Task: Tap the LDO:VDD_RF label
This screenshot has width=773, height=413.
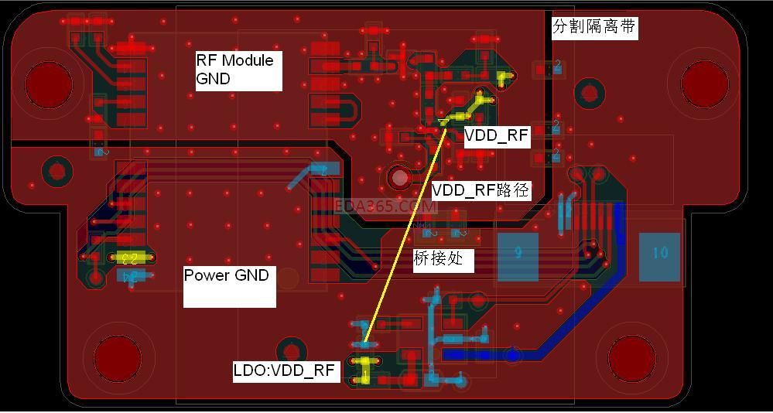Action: [x=285, y=371]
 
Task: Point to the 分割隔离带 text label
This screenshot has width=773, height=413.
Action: [x=594, y=28]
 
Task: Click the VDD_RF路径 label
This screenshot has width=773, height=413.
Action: [x=481, y=190]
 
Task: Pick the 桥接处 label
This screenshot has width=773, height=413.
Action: [x=439, y=258]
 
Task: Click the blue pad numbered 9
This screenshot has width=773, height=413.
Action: [x=518, y=253]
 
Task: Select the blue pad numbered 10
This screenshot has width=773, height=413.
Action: [x=659, y=253]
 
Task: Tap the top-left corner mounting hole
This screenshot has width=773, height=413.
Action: [x=49, y=84]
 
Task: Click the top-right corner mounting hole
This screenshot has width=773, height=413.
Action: [x=704, y=82]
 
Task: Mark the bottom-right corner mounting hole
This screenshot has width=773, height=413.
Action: [x=632, y=357]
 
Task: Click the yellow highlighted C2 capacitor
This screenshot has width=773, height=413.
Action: [x=129, y=258]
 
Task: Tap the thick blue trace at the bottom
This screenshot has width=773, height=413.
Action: [x=495, y=354]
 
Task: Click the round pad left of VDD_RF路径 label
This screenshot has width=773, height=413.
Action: [x=400, y=178]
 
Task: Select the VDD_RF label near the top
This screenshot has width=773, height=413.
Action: [x=496, y=137]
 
